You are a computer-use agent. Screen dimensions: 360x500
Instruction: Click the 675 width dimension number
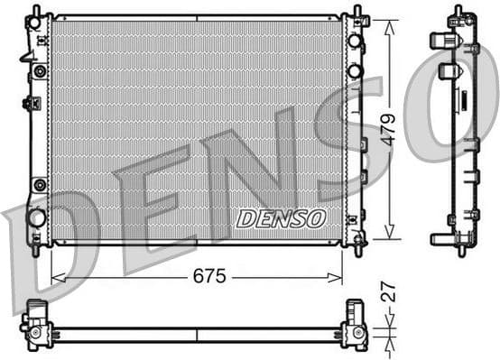coord(208,275)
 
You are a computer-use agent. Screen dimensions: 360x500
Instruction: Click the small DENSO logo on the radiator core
coord(281,217)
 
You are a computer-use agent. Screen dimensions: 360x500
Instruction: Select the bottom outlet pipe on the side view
coord(442,239)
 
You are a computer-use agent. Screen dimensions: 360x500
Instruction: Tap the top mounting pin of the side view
coord(458,12)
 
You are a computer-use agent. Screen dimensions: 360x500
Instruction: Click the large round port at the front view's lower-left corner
coord(37,217)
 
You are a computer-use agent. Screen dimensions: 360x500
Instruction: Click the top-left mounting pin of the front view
coord(34,12)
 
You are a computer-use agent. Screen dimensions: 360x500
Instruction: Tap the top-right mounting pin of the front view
coord(356,12)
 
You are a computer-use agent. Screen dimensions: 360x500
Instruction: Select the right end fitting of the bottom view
coord(354,326)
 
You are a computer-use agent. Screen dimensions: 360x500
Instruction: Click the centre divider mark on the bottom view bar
coord(198,334)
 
